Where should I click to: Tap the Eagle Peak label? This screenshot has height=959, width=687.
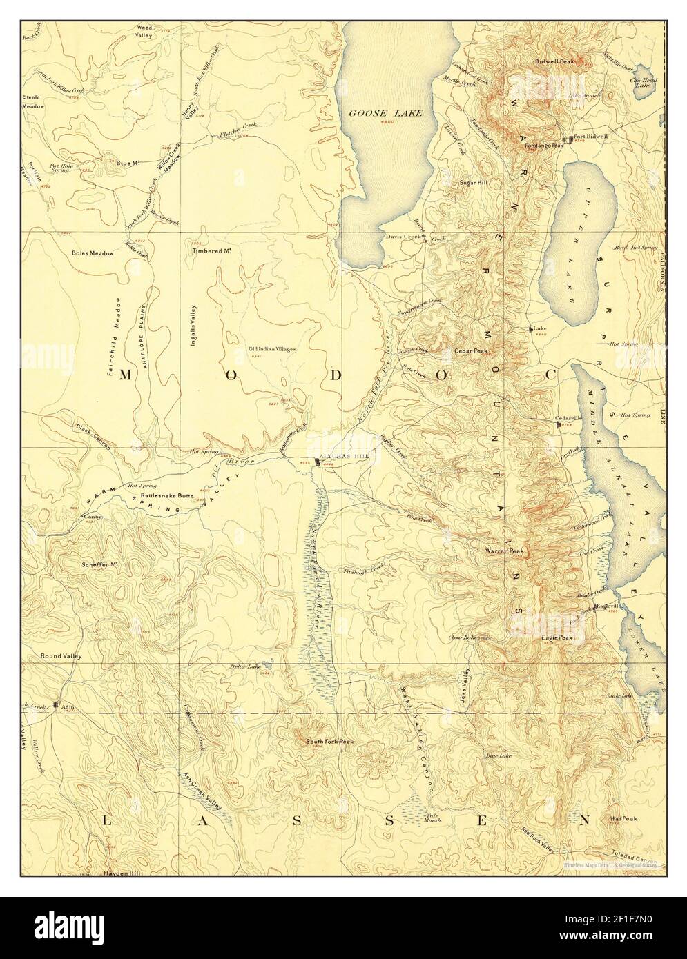(557, 638)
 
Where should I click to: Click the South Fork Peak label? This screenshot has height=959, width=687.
(329, 742)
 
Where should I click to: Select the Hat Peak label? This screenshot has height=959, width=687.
(623, 819)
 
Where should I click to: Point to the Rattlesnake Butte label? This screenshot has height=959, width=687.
(166, 495)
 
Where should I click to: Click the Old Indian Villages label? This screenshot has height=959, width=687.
(272, 349)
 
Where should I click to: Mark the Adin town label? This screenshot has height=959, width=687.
(67, 708)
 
